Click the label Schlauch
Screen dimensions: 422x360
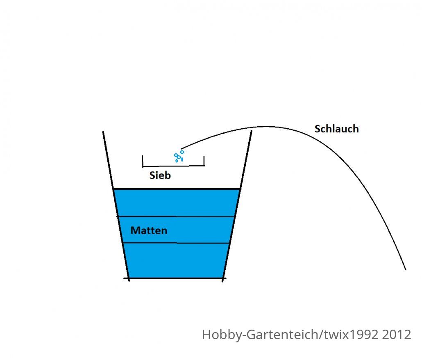click(x=336, y=129)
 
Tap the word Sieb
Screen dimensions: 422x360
click(x=160, y=175)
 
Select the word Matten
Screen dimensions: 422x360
click(x=149, y=230)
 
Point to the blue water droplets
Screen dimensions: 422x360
click(x=179, y=157)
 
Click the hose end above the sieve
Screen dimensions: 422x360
click(x=182, y=148)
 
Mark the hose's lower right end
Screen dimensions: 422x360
click(x=405, y=269)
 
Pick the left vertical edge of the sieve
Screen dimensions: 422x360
click(x=143, y=161)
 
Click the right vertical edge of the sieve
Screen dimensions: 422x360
click(x=204, y=161)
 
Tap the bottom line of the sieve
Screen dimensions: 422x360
click(x=173, y=166)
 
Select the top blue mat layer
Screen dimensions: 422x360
click(x=177, y=203)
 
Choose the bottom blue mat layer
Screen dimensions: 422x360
click(x=176, y=260)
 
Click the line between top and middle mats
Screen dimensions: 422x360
click(x=176, y=216)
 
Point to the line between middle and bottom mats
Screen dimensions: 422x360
click(x=176, y=243)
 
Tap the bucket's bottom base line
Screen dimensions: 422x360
click(x=175, y=278)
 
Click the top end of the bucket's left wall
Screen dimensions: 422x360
click(x=103, y=132)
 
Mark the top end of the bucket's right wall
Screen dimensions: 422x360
click(x=252, y=131)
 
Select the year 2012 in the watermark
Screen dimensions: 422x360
click(x=397, y=335)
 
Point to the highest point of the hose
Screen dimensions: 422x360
click(x=266, y=126)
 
